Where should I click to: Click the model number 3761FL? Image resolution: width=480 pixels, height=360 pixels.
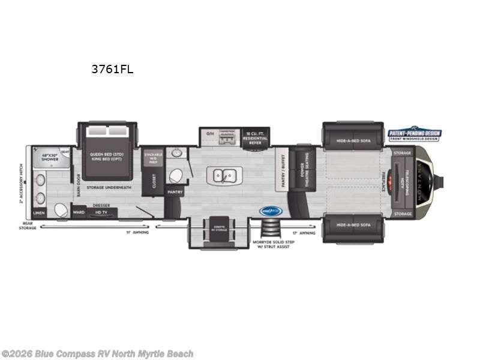click(112, 69)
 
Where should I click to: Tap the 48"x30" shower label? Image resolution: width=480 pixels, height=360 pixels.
click(50, 157)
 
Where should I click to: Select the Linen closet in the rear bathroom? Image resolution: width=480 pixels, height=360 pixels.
click(39, 212)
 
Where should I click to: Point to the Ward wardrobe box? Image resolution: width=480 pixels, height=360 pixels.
click(78, 212)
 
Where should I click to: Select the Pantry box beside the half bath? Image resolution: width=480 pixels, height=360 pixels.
click(175, 192)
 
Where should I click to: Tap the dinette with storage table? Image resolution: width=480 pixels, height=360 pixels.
click(219, 229)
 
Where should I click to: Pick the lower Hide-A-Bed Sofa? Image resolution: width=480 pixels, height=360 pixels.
click(353, 224)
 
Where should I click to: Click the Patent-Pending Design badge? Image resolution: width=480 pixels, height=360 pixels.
click(414, 135)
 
